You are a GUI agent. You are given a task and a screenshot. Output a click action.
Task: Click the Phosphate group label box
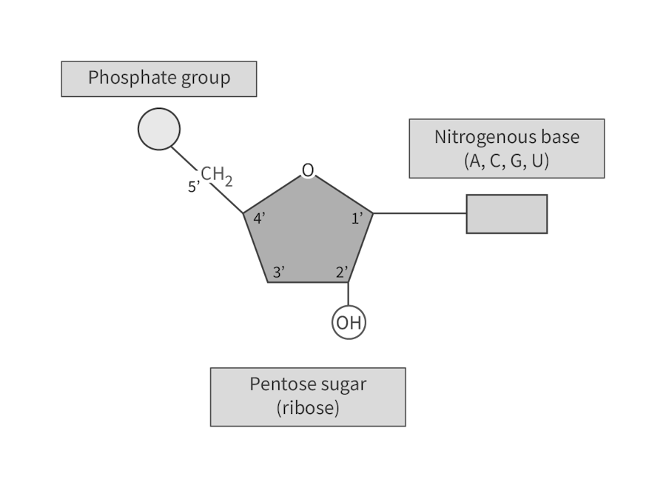(x=159, y=78)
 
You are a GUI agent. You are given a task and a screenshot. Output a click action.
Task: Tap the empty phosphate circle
(x=159, y=129)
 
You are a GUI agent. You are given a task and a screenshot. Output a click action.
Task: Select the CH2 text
(x=217, y=176)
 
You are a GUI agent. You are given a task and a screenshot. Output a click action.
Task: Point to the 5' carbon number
(x=194, y=186)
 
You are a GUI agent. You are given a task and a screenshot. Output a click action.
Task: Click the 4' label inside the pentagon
(x=259, y=218)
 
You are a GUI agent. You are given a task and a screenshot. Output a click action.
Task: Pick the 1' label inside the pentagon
(x=357, y=218)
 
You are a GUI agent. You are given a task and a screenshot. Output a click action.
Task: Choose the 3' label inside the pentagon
(x=279, y=272)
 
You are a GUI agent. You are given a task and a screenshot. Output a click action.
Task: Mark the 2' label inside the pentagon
(x=342, y=272)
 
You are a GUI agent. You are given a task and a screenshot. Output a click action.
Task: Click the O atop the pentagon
(x=308, y=170)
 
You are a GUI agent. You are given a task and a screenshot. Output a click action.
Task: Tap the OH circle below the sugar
(x=349, y=322)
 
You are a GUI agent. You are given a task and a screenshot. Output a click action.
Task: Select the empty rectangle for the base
(x=507, y=214)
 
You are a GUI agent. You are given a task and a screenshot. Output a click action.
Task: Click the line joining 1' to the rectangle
(x=420, y=213)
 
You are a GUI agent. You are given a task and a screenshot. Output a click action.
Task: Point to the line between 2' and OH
(x=349, y=294)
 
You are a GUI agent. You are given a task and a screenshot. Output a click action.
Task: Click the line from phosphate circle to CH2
(x=184, y=158)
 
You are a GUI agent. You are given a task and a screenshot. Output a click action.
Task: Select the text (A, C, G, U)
(x=507, y=161)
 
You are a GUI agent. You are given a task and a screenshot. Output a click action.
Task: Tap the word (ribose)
(x=308, y=408)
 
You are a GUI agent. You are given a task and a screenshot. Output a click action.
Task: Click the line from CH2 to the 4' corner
(x=227, y=198)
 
